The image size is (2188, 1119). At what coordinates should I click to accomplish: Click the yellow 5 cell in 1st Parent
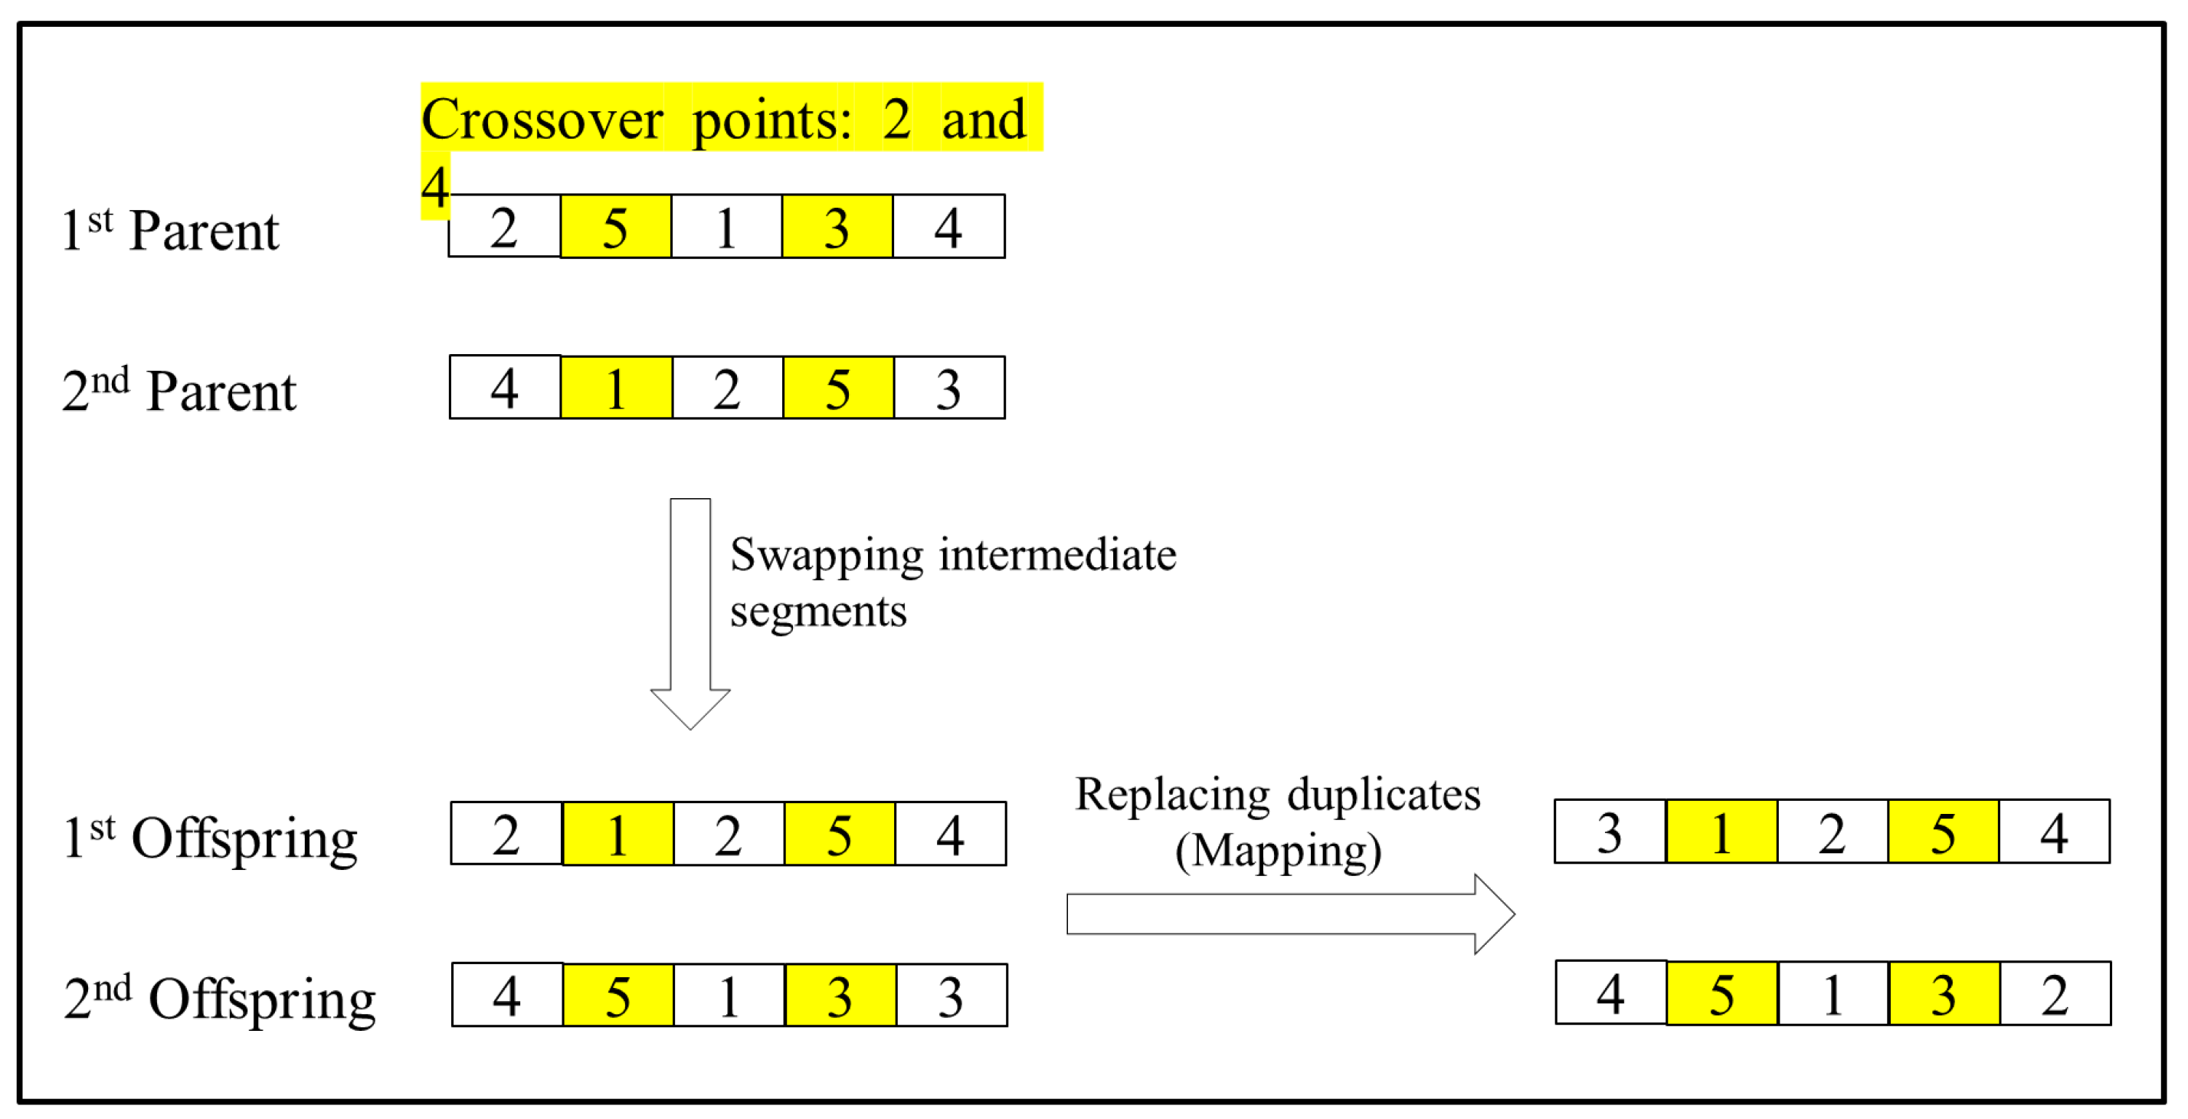coord(615,227)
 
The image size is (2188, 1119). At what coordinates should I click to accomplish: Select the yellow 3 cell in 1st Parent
coord(837,227)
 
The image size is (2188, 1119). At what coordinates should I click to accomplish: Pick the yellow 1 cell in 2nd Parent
coord(616,389)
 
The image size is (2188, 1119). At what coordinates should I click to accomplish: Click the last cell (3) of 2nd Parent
coord(948,389)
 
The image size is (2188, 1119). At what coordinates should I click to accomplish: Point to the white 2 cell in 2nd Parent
coord(727,389)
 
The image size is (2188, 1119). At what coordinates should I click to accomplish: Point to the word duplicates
coord(1384,795)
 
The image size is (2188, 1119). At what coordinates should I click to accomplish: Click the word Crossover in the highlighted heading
coord(542,120)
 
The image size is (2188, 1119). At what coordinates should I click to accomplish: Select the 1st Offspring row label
coord(210,837)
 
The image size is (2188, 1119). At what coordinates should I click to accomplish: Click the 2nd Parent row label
coord(179,391)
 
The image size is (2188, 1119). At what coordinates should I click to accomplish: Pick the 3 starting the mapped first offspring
coord(1610,832)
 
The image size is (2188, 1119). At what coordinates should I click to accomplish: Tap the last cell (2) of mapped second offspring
coord(2055,994)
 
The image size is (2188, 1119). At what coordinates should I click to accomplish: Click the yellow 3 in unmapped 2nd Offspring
coord(839,996)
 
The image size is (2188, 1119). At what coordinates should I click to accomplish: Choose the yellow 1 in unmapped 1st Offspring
coord(617,835)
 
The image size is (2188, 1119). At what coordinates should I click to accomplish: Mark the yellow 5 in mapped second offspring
coord(1721,994)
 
